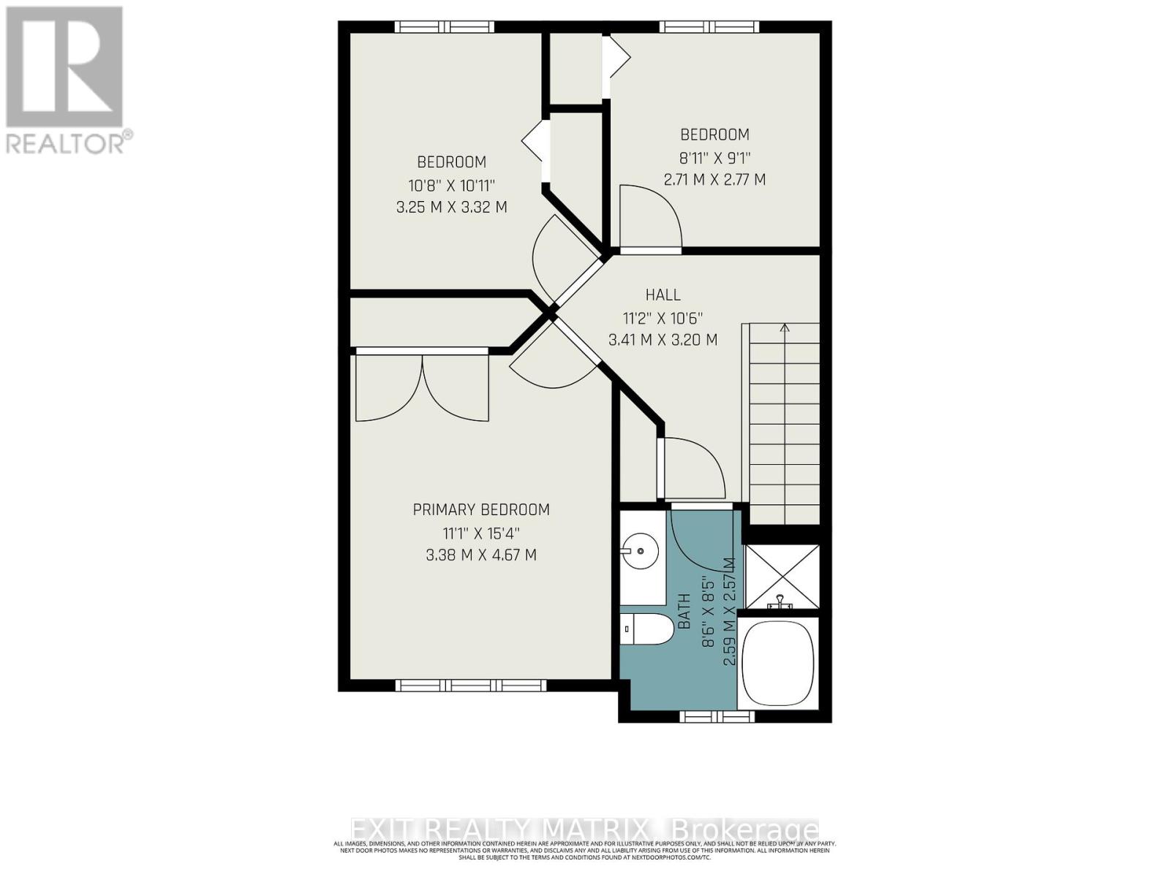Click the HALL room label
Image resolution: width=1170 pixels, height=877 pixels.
[x=663, y=295]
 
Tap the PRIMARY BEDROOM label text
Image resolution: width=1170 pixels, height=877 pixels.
[x=481, y=509]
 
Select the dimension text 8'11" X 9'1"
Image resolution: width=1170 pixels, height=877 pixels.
[x=714, y=157]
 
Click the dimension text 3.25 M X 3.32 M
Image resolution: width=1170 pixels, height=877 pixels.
[x=451, y=207]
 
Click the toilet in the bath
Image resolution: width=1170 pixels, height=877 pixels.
[x=648, y=629]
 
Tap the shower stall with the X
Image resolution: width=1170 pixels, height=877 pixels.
[x=782, y=577]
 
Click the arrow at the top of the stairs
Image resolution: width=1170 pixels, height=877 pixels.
[x=785, y=329]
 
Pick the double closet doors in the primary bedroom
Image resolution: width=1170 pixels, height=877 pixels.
[x=422, y=387]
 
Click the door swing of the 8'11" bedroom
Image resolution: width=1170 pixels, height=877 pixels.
[x=651, y=218]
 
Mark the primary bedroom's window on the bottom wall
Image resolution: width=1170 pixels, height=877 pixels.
[x=470, y=686]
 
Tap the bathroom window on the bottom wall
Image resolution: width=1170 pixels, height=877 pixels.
[x=717, y=717]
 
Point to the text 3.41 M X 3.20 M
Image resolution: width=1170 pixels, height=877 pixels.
[x=663, y=340]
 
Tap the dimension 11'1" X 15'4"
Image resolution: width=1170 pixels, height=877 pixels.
[x=481, y=533]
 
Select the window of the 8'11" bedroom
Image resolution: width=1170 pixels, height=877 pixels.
[x=709, y=27]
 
